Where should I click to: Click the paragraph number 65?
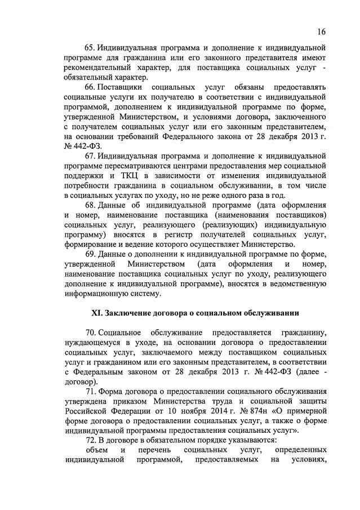(91, 48)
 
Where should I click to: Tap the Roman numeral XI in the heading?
(97, 313)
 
